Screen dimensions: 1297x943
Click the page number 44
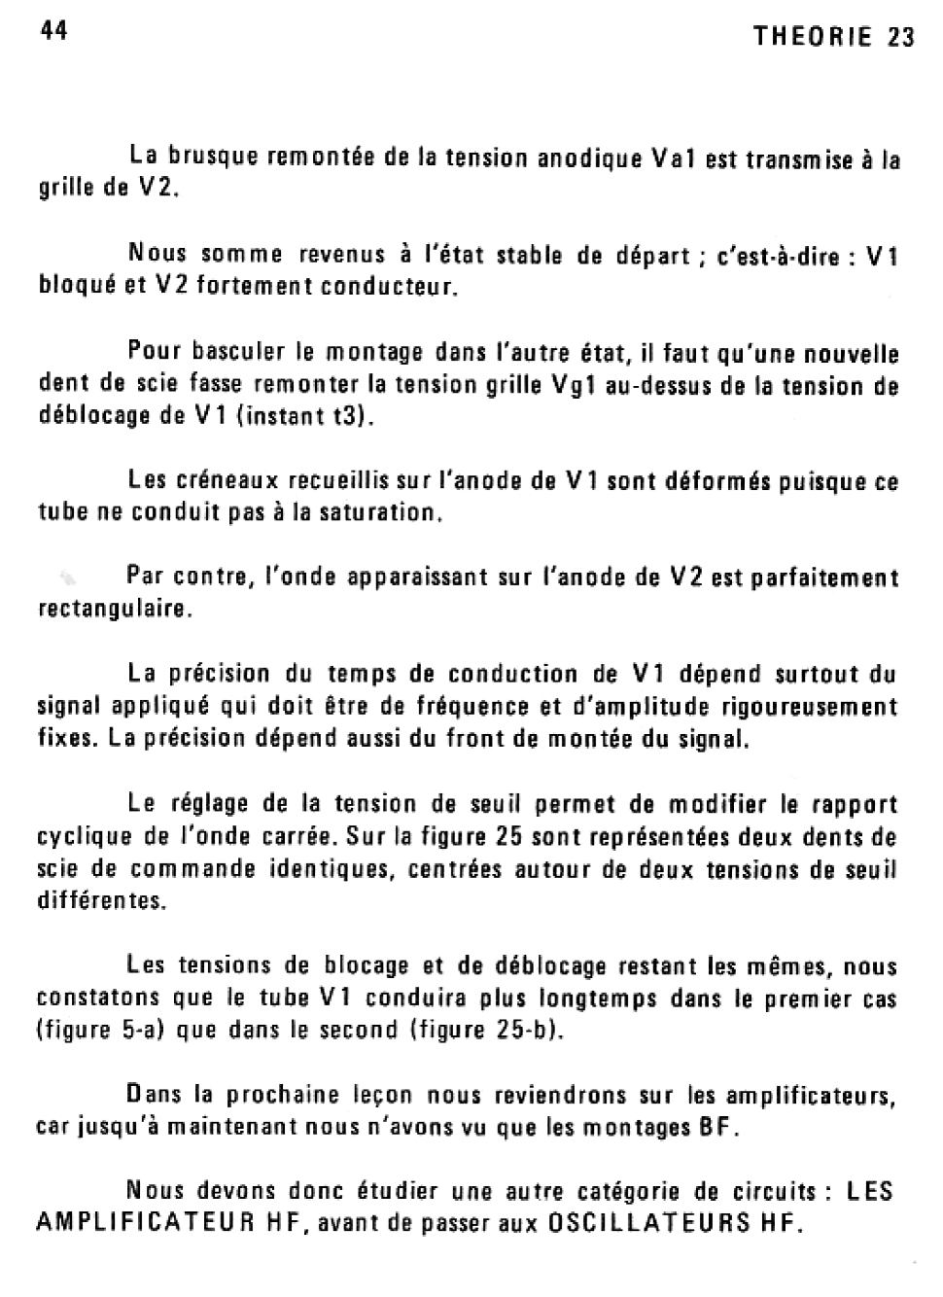click(x=53, y=32)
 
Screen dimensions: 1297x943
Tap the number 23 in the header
click(x=901, y=37)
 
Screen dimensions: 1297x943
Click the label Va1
click(x=672, y=158)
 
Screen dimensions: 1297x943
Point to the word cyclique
click(x=81, y=837)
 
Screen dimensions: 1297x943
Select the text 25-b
click(x=524, y=1030)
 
